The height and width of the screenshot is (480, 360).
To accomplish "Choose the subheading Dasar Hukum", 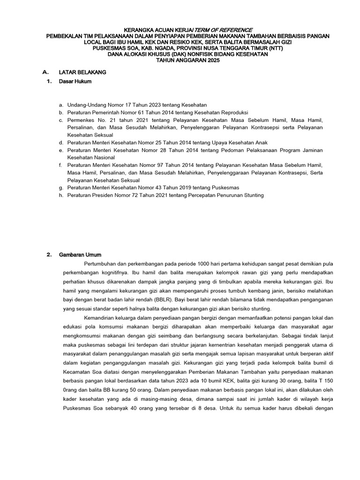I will pyautogui.click(x=75, y=82).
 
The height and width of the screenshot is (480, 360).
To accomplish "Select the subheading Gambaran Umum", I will pyautogui.click(x=77, y=255).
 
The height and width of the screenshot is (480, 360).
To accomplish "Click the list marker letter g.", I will pyautogui.click(x=61, y=187).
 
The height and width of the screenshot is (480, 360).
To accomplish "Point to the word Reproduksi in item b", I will pyautogui.click(x=233, y=113).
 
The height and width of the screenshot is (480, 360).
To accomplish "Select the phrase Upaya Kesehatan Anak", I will pyautogui.click(x=240, y=142).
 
